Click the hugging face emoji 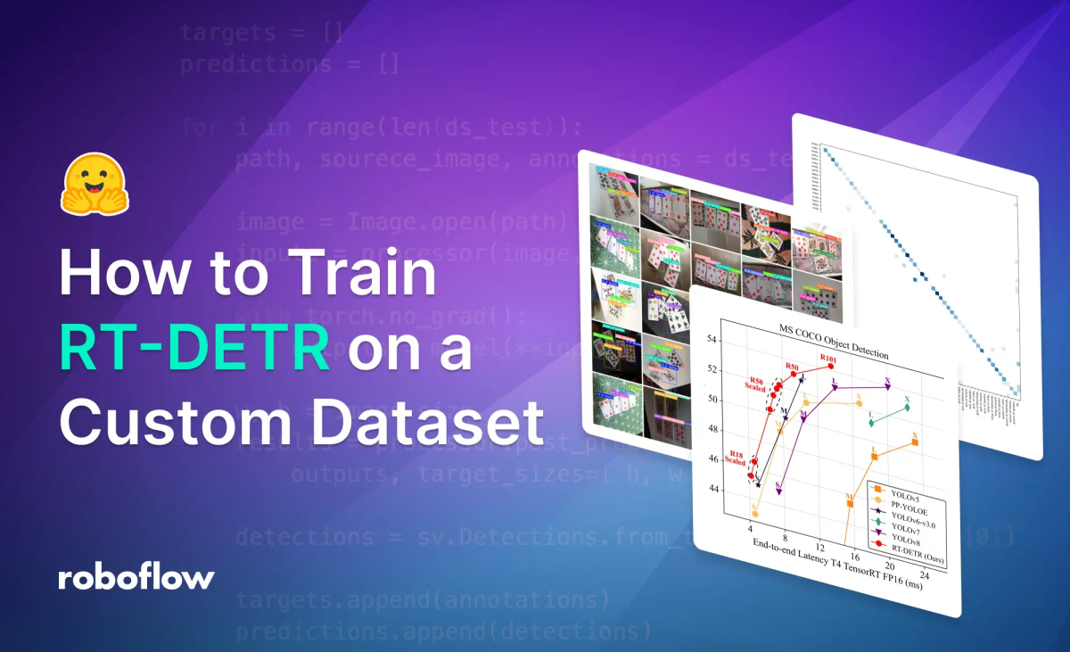(x=93, y=186)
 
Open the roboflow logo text (x=136, y=577)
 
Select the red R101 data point (x=830, y=366)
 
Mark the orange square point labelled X (x=915, y=442)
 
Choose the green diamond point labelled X (x=907, y=408)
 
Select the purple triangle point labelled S (x=778, y=491)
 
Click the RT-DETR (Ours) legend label (x=909, y=558)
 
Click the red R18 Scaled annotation (x=737, y=457)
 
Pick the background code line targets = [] (x=261, y=34)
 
